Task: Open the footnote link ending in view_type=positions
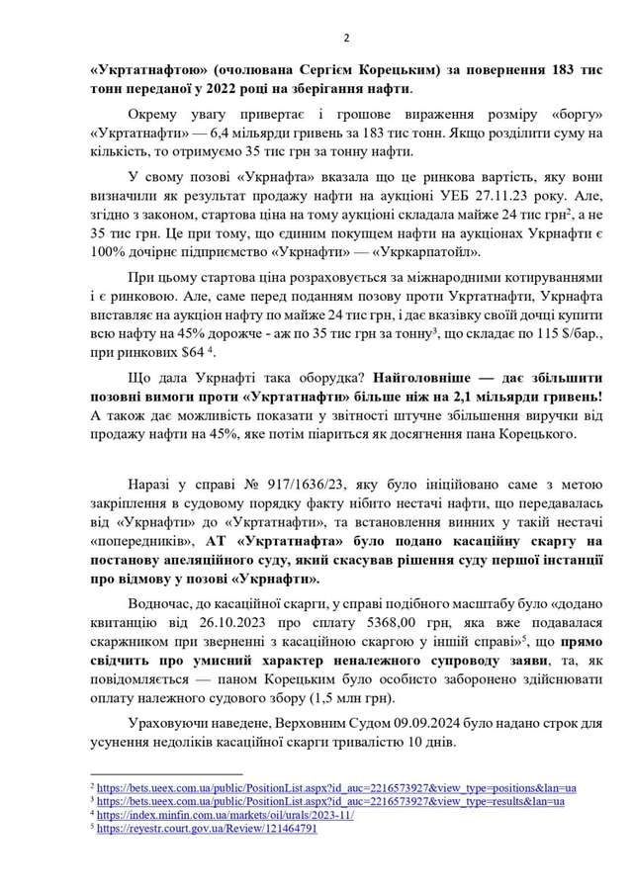point(336,787)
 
